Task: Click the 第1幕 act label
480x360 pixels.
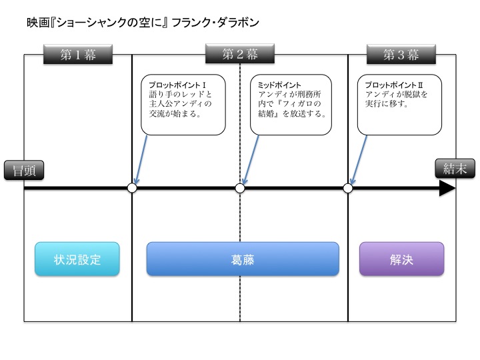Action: (77, 55)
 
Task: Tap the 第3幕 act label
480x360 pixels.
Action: (401, 55)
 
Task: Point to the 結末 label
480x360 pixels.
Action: (454, 169)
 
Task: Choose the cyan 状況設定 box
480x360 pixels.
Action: (77, 259)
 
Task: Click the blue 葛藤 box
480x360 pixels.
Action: (243, 259)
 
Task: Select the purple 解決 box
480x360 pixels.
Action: (401, 259)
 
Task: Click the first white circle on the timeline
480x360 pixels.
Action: (132, 189)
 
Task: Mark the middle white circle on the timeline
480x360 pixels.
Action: (240, 189)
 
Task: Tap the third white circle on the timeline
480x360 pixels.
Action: (348, 189)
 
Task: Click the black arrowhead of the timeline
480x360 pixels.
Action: (447, 189)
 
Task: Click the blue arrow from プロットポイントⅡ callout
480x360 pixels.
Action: (357, 160)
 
